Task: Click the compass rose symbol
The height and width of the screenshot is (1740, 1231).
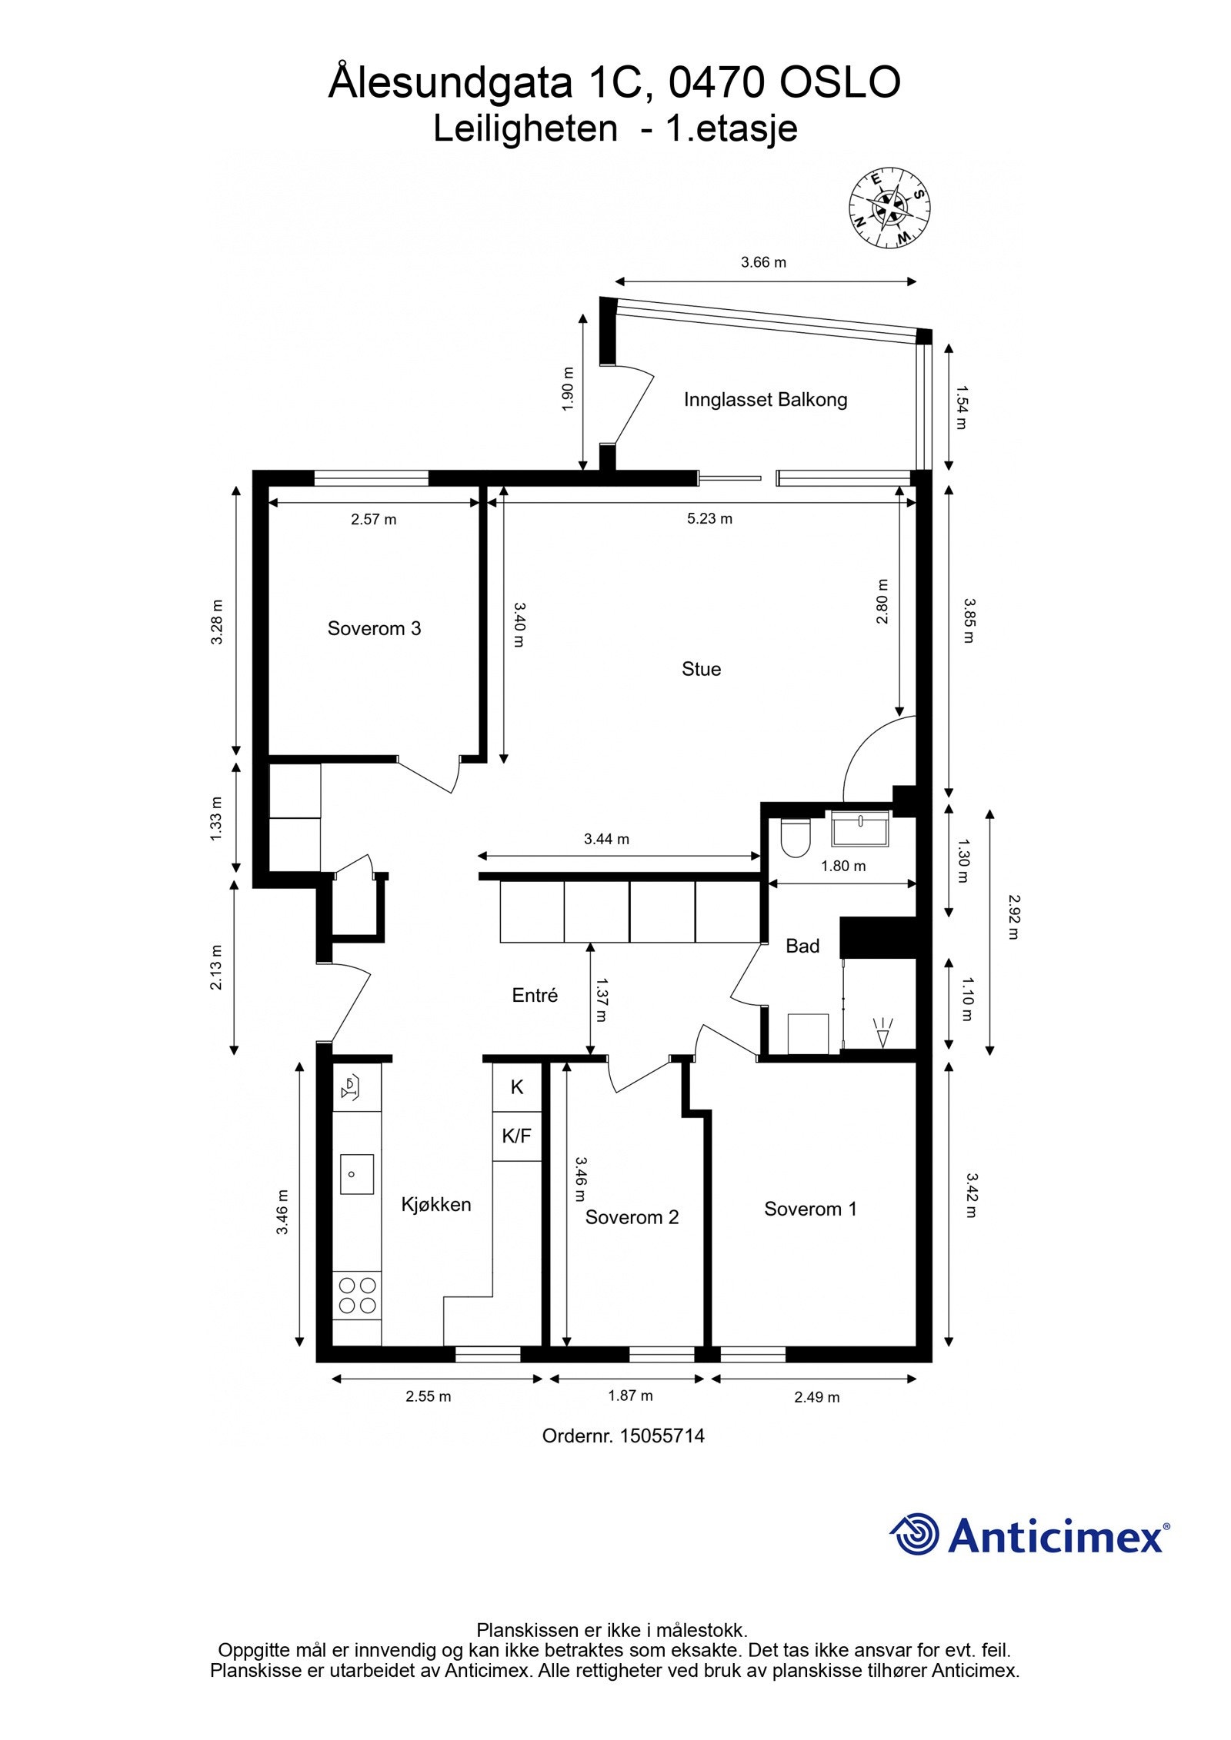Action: pyautogui.click(x=889, y=208)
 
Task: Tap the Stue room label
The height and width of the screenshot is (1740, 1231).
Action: pyautogui.click(x=701, y=669)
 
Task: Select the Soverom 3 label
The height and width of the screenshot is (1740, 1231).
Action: pyautogui.click(x=374, y=628)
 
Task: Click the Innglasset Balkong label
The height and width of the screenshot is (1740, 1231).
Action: pyautogui.click(x=765, y=400)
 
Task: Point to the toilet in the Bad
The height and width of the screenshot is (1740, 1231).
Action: pyautogui.click(x=794, y=837)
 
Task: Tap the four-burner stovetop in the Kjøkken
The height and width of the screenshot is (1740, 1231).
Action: pyautogui.click(x=358, y=1295)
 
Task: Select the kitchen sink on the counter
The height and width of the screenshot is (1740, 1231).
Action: pyautogui.click(x=357, y=1174)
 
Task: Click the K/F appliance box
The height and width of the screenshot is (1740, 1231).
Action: pyautogui.click(x=516, y=1136)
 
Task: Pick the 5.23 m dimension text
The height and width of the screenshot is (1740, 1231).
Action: pyautogui.click(x=709, y=519)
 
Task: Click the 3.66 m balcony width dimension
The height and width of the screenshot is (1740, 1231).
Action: pyautogui.click(x=763, y=262)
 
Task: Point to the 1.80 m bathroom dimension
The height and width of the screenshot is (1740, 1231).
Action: pyautogui.click(x=842, y=867)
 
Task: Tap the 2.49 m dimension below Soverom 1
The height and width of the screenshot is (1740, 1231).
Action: pyautogui.click(x=816, y=1396)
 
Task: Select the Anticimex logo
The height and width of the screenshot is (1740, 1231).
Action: pyautogui.click(x=1029, y=1535)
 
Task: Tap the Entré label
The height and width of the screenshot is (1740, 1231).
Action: pyautogui.click(x=535, y=996)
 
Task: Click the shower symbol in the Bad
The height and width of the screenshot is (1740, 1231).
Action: pyautogui.click(x=883, y=1033)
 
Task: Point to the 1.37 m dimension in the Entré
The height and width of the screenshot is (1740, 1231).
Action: pyautogui.click(x=601, y=1000)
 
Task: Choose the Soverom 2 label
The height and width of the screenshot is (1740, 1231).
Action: pyautogui.click(x=632, y=1217)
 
